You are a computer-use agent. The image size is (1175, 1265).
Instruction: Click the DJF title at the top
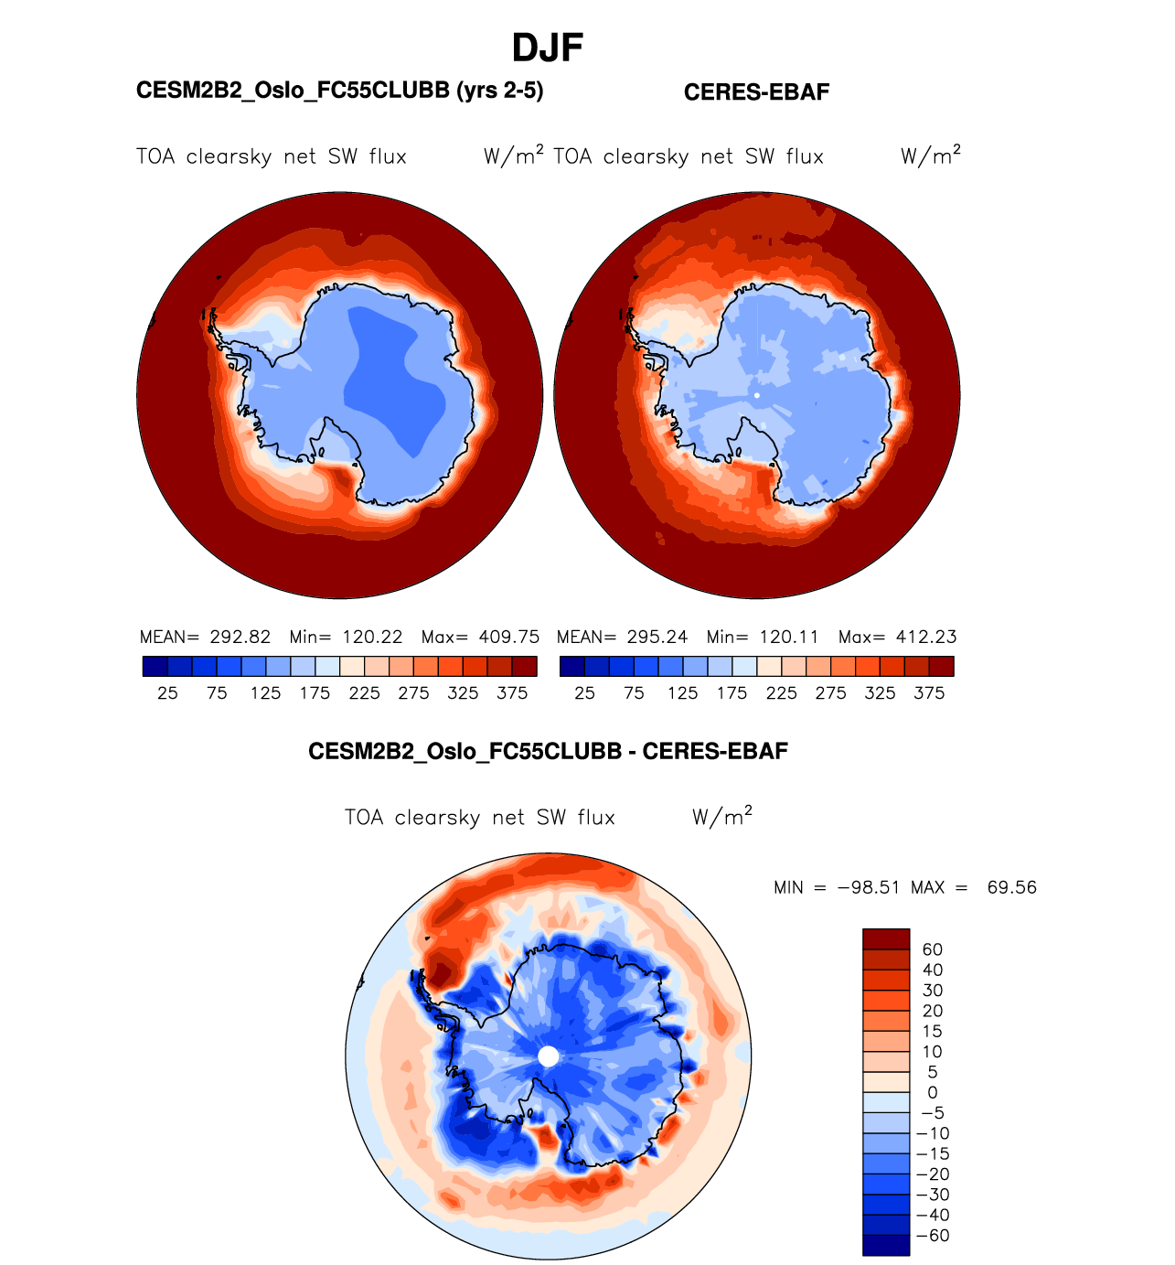[x=548, y=48]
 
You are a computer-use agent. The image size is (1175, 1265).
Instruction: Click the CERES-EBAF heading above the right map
[x=756, y=92]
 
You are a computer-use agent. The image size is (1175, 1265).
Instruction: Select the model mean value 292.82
[x=240, y=638]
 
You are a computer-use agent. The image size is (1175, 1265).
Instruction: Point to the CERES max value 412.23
[x=926, y=638]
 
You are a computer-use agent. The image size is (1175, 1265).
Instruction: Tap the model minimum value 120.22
[x=373, y=638]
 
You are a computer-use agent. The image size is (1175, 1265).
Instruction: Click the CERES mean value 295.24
[x=657, y=638]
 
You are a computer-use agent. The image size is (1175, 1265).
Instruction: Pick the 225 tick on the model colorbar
[x=364, y=693]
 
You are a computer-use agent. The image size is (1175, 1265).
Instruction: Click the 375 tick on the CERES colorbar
[x=929, y=693]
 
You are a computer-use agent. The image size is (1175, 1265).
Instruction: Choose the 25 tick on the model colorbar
[x=167, y=693]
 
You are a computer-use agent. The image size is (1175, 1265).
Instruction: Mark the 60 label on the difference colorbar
[x=933, y=950]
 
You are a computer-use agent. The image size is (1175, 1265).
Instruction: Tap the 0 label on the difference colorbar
[x=933, y=1093]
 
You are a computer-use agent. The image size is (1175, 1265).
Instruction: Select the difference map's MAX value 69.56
[x=1012, y=888]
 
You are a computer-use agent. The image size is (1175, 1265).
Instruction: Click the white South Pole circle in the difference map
[x=549, y=1056]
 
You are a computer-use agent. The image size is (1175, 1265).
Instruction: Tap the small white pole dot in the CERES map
[x=757, y=395]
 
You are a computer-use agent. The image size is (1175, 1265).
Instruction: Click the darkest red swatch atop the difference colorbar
[x=886, y=939]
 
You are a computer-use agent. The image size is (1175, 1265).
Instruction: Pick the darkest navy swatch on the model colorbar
[x=155, y=666]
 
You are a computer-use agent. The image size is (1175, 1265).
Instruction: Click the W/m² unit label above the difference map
[x=722, y=817]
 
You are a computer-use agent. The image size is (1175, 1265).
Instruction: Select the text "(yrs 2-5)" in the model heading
[x=500, y=91]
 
